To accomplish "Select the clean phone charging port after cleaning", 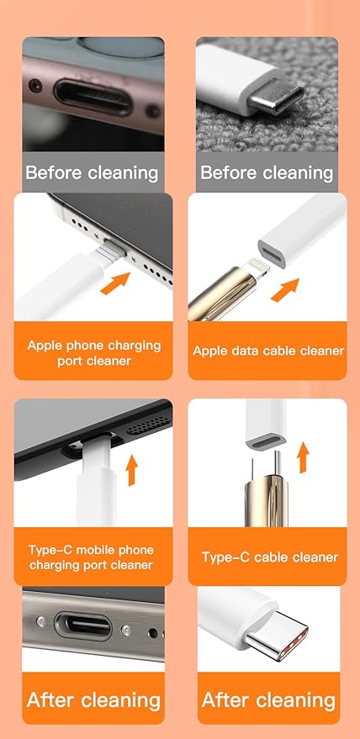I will (x=82, y=626).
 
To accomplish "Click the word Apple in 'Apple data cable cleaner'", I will (x=211, y=350).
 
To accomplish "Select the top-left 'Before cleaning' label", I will (x=92, y=173).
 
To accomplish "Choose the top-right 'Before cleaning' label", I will (x=267, y=173).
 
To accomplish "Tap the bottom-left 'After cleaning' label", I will (x=93, y=699).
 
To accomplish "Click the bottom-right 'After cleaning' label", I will (x=268, y=699).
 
